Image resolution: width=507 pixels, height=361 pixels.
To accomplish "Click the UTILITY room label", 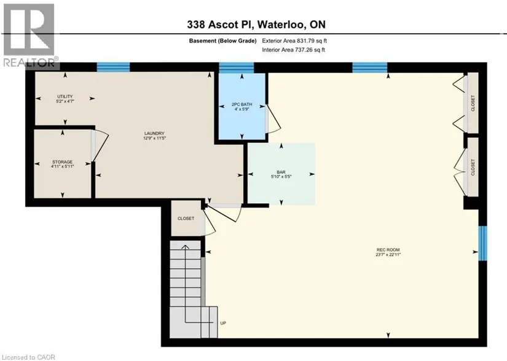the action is (x=65, y=96).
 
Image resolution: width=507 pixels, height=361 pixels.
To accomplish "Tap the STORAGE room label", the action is (x=63, y=161).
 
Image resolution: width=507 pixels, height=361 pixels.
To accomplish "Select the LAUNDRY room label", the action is (x=154, y=133).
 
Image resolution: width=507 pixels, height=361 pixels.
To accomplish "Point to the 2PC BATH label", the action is (x=242, y=104).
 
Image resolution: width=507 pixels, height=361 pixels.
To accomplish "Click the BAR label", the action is (x=281, y=173).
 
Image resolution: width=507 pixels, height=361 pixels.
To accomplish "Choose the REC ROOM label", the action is (x=388, y=250).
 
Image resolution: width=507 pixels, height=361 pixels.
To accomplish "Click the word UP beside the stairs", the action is (x=223, y=323).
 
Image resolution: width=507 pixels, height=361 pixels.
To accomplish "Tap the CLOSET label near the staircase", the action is (x=186, y=219).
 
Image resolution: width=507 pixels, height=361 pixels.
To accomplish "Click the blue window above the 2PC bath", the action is (x=237, y=68).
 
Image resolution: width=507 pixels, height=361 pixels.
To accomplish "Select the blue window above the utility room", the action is (x=113, y=67).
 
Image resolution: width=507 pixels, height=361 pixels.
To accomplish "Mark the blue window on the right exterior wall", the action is (x=482, y=243).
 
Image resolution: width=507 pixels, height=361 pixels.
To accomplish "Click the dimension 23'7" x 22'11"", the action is (x=388, y=254).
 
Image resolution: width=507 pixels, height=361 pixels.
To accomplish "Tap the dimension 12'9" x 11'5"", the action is (x=154, y=138).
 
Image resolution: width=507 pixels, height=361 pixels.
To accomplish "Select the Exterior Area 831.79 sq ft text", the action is (x=294, y=41).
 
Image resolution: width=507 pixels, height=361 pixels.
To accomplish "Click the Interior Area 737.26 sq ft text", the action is (x=293, y=50).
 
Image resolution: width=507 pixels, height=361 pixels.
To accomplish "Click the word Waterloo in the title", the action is (x=281, y=25).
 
